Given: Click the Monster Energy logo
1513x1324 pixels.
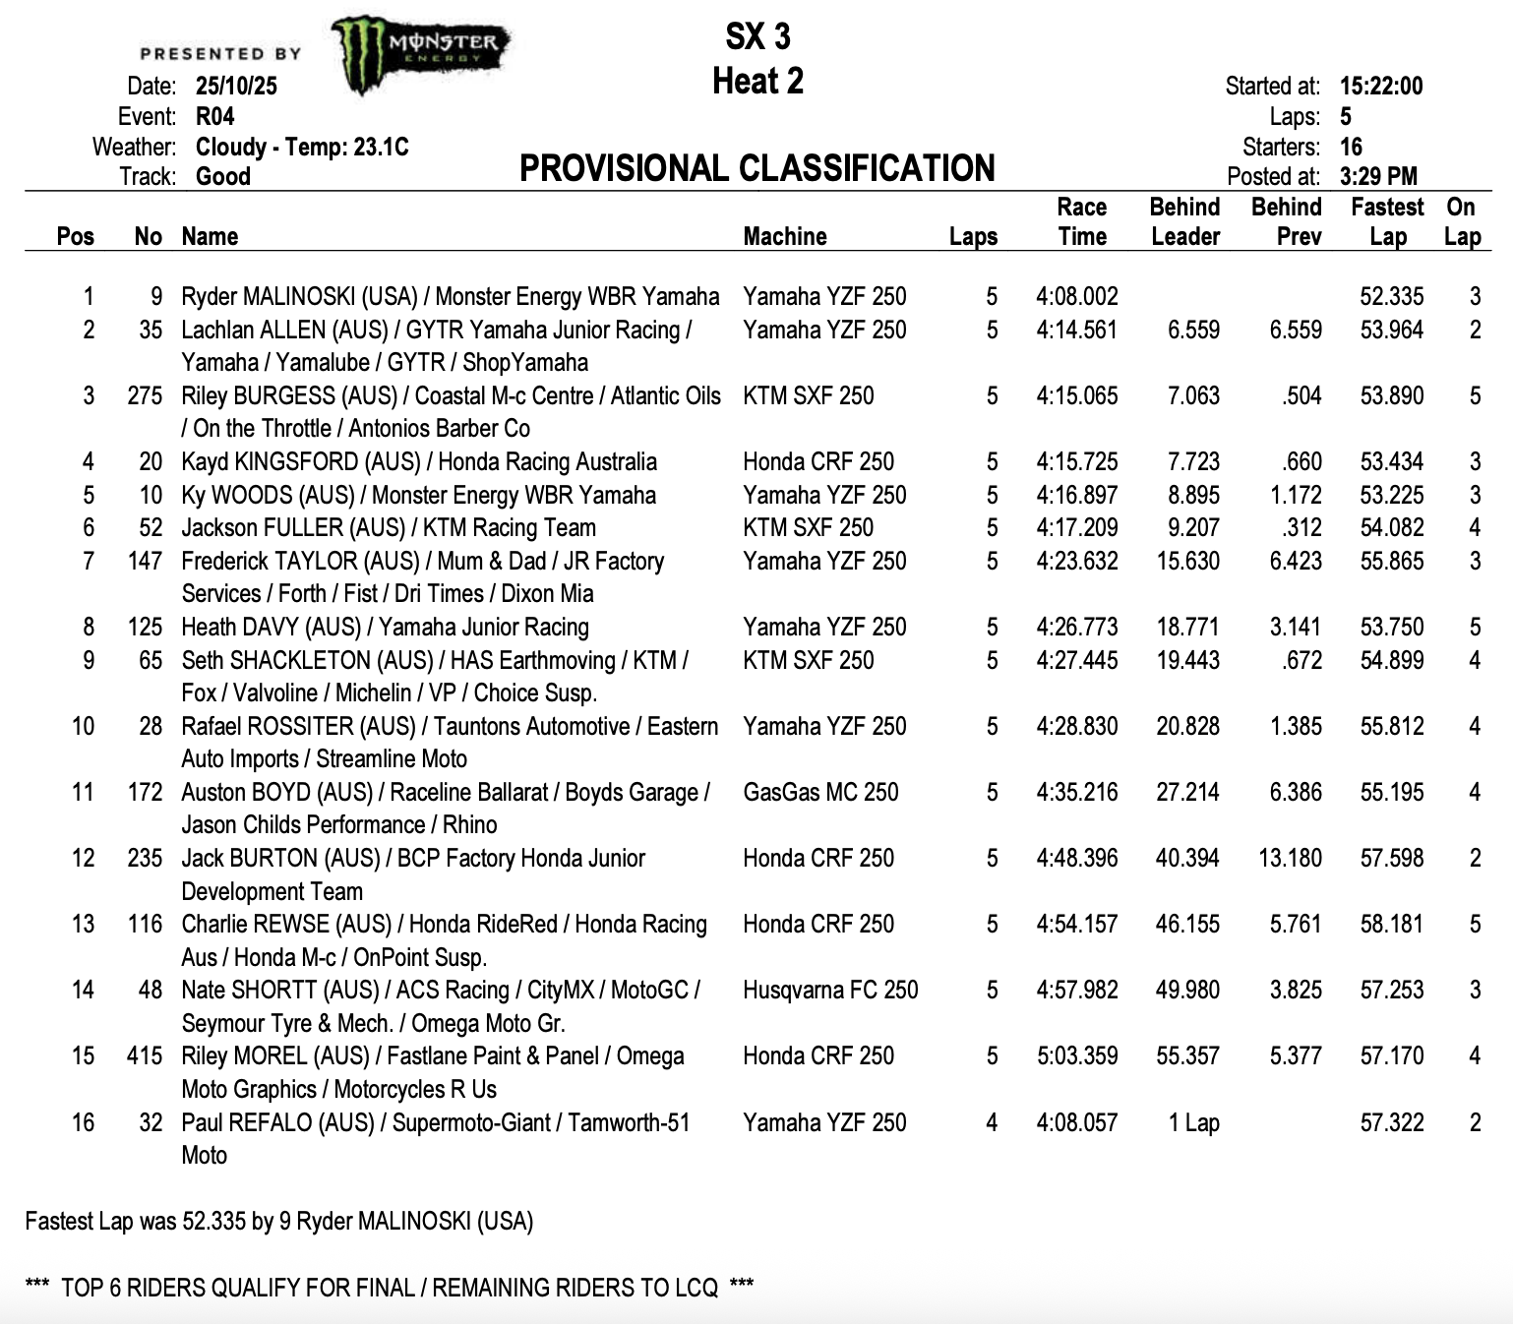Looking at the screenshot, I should point(421,54).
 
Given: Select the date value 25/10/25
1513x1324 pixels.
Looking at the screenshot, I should point(236,86).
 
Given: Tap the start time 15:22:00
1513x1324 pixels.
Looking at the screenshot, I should point(1380,86).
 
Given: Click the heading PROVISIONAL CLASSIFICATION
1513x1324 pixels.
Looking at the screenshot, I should point(756,168).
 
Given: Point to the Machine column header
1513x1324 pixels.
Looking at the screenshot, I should point(784,236).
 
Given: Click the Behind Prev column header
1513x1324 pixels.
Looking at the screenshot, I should point(1286,221).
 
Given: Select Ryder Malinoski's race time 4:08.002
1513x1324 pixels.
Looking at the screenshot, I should point(1076,296).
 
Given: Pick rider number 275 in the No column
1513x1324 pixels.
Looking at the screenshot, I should point(145,395).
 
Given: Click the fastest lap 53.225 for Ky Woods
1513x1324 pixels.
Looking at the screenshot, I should point(1391,495).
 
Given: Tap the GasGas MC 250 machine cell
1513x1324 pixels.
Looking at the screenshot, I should point(820,792).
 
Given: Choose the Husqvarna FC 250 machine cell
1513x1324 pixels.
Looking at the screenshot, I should point(830,990).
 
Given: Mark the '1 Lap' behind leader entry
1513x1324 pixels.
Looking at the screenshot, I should point(1193,1122).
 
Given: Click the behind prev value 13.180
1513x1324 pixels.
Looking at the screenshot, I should point(1290,858).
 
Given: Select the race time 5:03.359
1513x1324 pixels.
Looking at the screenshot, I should point(1076,1055).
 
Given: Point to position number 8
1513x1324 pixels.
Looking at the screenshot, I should point(89,627).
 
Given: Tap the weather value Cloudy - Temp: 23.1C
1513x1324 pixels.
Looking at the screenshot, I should point(302,147).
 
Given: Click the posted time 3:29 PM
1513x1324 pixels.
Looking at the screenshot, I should point(1378,176).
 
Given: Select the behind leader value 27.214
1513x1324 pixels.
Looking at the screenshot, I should point(1187,792).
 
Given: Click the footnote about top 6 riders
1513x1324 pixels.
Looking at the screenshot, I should point(389,1288).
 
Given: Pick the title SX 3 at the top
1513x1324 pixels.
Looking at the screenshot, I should point(757,36).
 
